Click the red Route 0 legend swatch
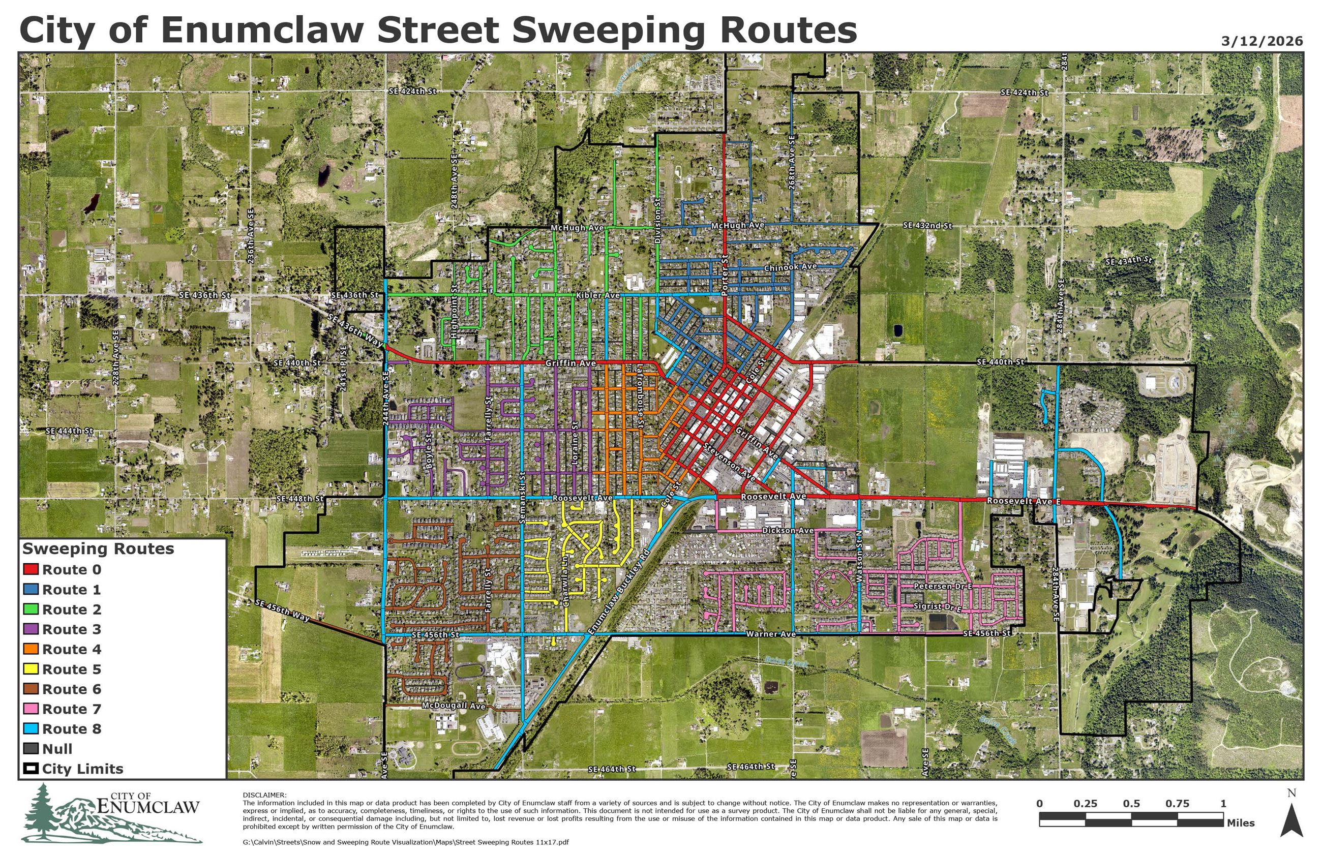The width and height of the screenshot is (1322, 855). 31,570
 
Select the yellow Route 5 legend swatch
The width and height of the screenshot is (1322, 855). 31,669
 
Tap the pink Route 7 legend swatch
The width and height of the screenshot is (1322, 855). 31,709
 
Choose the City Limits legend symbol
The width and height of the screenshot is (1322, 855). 31,769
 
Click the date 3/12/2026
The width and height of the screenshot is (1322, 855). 1261,41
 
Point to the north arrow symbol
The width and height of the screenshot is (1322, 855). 1291,821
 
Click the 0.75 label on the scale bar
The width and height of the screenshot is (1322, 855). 1177,803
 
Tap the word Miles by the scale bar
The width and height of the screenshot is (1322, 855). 1240,823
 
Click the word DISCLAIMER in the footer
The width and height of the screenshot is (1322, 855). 264,795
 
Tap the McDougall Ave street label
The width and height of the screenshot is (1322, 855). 453,706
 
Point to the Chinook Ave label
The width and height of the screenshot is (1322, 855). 790,267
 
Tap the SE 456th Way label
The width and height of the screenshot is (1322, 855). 282,610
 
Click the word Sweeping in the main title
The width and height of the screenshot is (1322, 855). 608,30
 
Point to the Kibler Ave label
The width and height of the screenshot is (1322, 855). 597,295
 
